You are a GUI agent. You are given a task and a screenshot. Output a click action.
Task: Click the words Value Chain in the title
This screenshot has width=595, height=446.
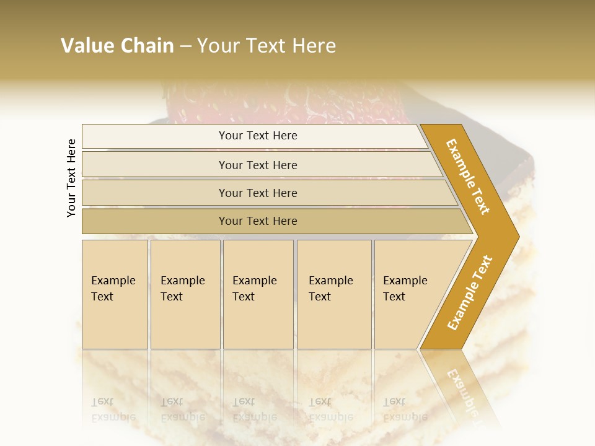click(x=117, y=46)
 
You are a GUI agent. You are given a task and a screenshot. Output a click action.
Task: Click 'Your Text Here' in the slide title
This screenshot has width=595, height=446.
click(x=267, y=46)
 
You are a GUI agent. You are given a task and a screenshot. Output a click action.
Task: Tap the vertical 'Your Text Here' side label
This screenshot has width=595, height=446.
click(x=71, y=178)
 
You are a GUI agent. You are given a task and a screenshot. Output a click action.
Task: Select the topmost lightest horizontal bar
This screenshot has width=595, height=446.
click(x=257, y=136)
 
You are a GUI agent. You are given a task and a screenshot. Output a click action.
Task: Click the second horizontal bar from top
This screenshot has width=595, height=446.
click(x=257, y=165)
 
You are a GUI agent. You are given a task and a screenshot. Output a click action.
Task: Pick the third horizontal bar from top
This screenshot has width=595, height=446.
click(x=257, y=193)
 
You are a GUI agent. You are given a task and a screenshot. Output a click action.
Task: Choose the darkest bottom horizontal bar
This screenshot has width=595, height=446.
click(x=257, y=221)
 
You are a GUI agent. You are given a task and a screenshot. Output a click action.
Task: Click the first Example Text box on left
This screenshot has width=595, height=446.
click(x=115, y=294)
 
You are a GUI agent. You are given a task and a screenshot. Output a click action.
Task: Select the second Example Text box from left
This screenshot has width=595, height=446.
click(x=185, y=294)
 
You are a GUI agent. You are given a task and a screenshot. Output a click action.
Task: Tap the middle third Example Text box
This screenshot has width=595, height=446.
click(x=258, y=294)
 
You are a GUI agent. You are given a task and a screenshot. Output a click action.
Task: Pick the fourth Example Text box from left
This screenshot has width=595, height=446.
click(x=333, y=294)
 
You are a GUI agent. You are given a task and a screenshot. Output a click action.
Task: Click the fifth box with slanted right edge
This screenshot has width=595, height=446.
click(x=409, y=294)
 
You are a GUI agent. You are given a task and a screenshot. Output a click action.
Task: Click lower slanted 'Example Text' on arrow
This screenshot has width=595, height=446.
click(x=470, y=292)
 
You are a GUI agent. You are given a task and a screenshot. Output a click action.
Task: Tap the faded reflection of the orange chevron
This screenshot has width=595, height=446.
click(x=462, y=390)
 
